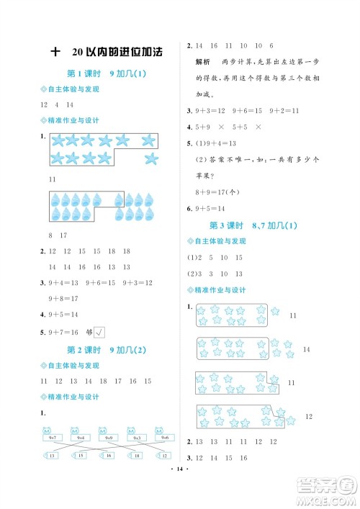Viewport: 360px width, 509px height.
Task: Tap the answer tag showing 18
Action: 136,456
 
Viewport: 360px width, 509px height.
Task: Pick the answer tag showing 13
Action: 53,456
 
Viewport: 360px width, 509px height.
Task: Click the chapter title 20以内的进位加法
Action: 117,52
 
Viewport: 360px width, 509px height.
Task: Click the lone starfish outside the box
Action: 150,158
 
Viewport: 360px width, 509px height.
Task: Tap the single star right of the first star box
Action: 274,311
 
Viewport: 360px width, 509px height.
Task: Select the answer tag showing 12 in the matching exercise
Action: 165,456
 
